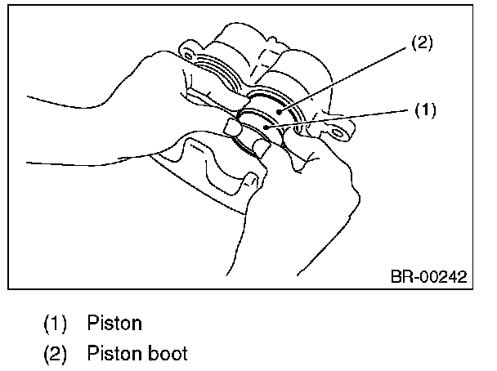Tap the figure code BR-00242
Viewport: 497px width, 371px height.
[428, 277]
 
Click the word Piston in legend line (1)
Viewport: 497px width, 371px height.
[114, 323]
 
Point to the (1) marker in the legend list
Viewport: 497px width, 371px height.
[55, 323]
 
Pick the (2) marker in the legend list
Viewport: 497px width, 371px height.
[55, 354]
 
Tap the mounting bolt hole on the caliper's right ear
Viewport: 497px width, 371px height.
[343, 128]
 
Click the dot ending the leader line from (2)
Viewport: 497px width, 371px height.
[280, 109]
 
